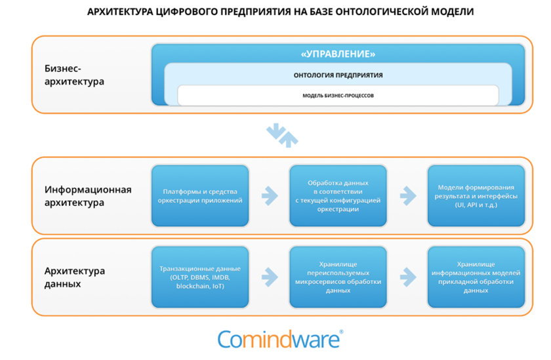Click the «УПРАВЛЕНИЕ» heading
click(x=337, y=54)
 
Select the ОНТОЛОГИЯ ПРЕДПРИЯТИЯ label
click(x=337, y=75)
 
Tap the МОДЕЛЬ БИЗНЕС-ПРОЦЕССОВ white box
click(x=337, y=96)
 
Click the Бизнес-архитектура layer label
click(x=74, y=75)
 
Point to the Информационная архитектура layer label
click(x=88, y=196)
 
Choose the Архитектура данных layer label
click(x=75, y=277)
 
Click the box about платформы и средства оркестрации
click(x=200, y=196)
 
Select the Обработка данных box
click(x=338, y=195)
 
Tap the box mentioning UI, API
click(x=476, y=195)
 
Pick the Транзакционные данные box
click(x=200, y=277)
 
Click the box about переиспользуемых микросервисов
click(x=338, y=277)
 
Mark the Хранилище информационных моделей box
click(x=476, y=277)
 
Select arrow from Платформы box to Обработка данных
click(x=269, y=195)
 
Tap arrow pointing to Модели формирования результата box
click(x=407, y=195)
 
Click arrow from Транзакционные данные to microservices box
click(x=269, y=277)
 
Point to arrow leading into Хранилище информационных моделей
click(x=407, y=277)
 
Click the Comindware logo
click(x=280, y=338)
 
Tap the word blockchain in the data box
click(x=195, y=286)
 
